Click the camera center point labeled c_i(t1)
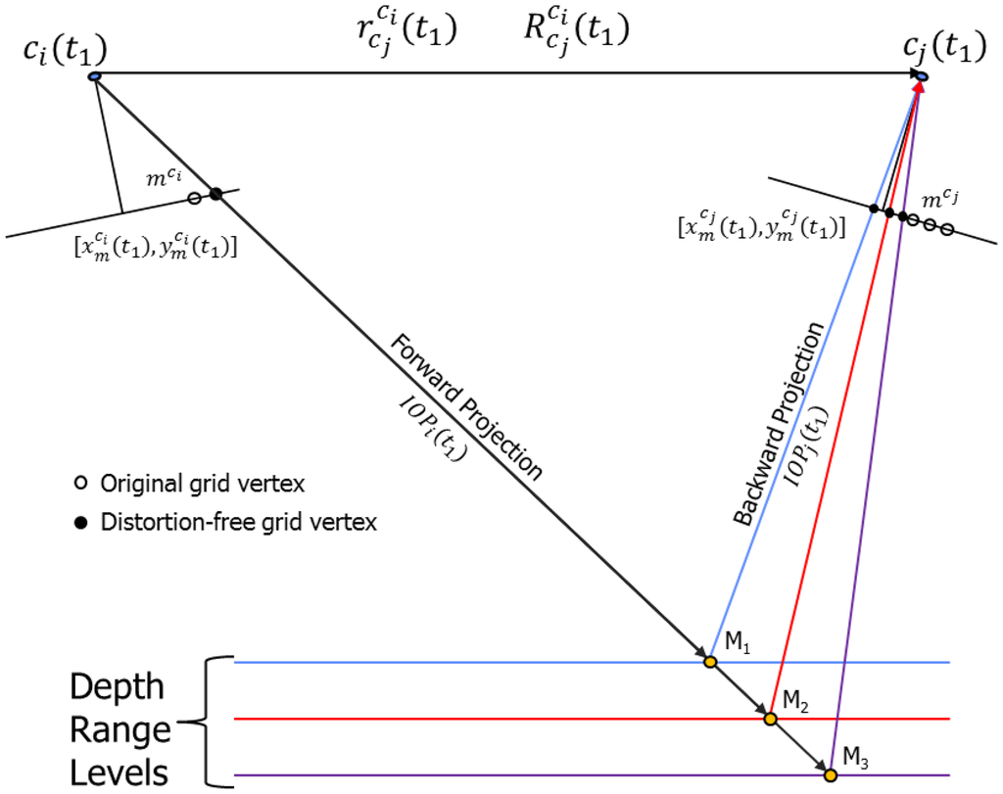click(95, 75)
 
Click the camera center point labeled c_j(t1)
click(922, 75)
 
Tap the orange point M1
click(710, 662)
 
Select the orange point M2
click(771, 719)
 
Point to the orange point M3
click(831, 775)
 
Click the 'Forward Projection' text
click(465, 405)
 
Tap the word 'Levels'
click(118, 772)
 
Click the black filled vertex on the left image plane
click(215, 194)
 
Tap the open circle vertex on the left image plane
click(194, 198)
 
